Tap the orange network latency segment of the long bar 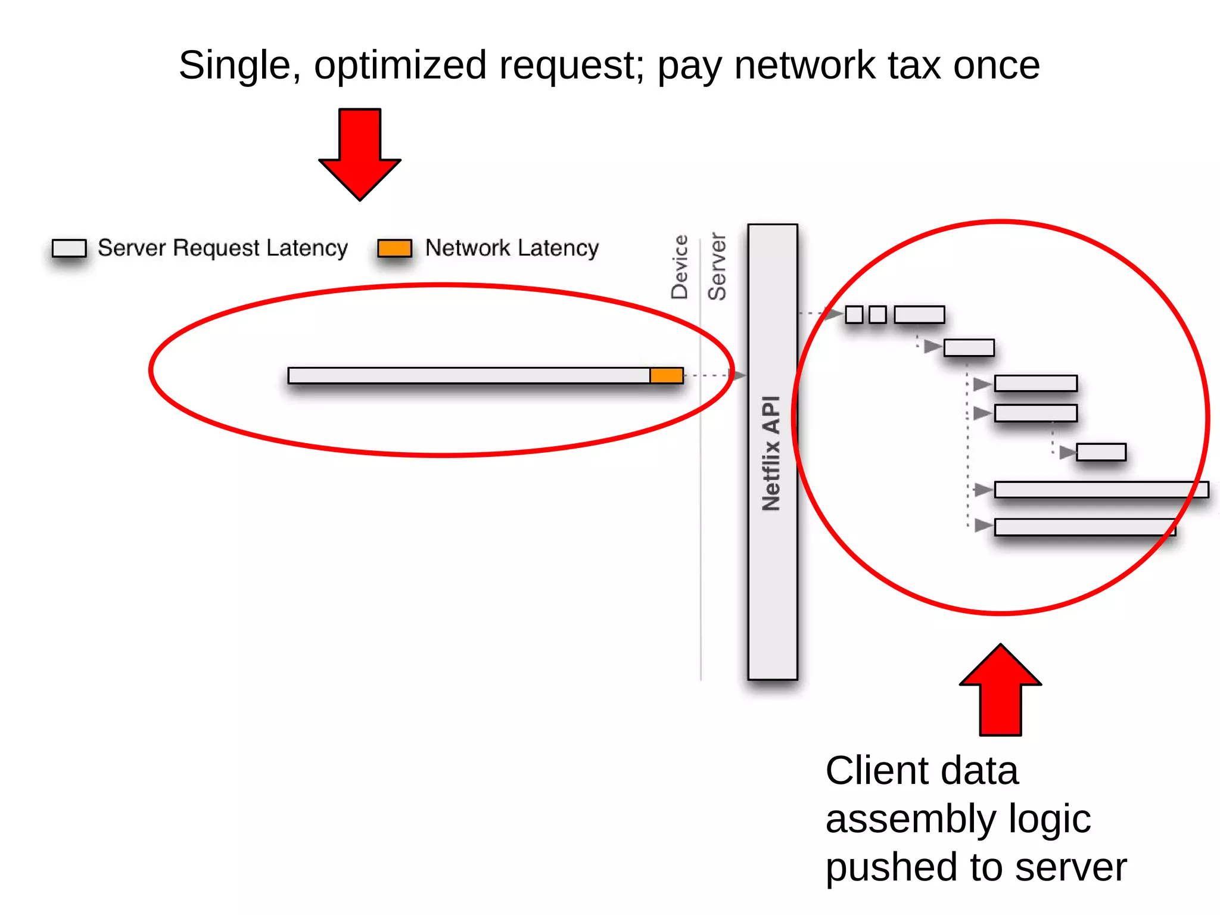[666, 375]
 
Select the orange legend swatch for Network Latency [394, 248]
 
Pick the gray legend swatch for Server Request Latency [69, 248]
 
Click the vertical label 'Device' [680, 267]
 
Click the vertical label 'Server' [717, 267]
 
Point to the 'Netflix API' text [771, 453]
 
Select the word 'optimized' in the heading [400, 66]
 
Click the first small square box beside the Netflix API [854, 314]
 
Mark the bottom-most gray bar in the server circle [1084, 527]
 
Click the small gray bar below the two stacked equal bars [1101, 452]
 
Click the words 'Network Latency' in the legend [512, 248]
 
